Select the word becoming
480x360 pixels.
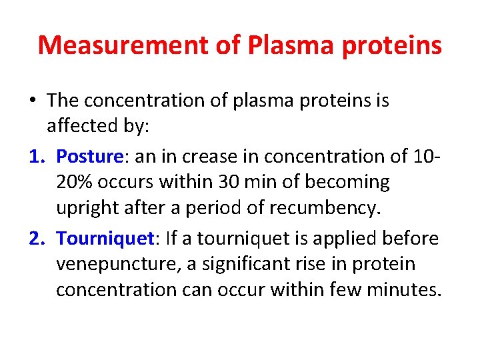(359, 181)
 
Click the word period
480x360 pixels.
(204, 207)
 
